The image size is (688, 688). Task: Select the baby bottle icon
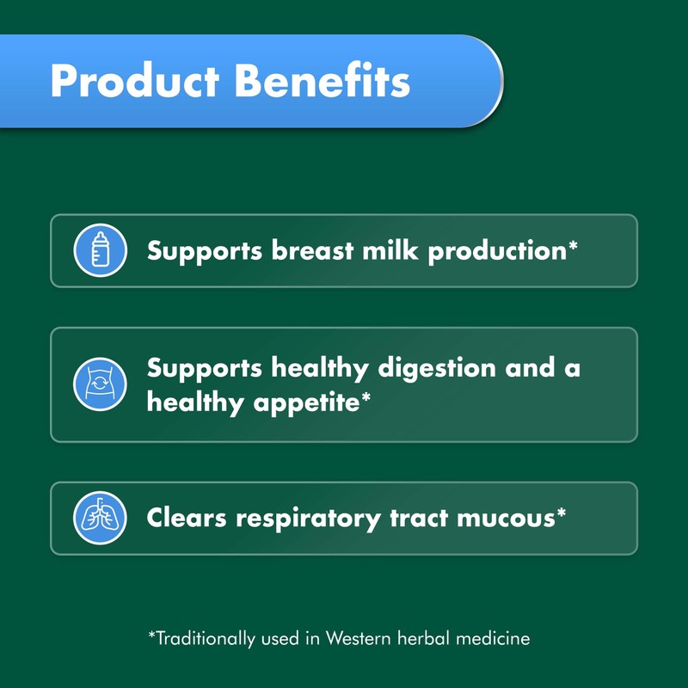(x=100, y=250)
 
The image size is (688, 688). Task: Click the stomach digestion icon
(x=100, y=384)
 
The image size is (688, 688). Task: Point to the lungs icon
(x=100, y=518)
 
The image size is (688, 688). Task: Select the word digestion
(x=431, y=369)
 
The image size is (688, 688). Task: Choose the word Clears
(x=190, y=518)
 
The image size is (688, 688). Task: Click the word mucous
(x=511, y=518)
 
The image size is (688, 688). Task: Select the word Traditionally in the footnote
(x=205, y=638)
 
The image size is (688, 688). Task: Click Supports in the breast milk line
(x=205, y=251)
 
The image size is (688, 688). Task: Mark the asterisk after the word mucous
(x=561, y=513)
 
